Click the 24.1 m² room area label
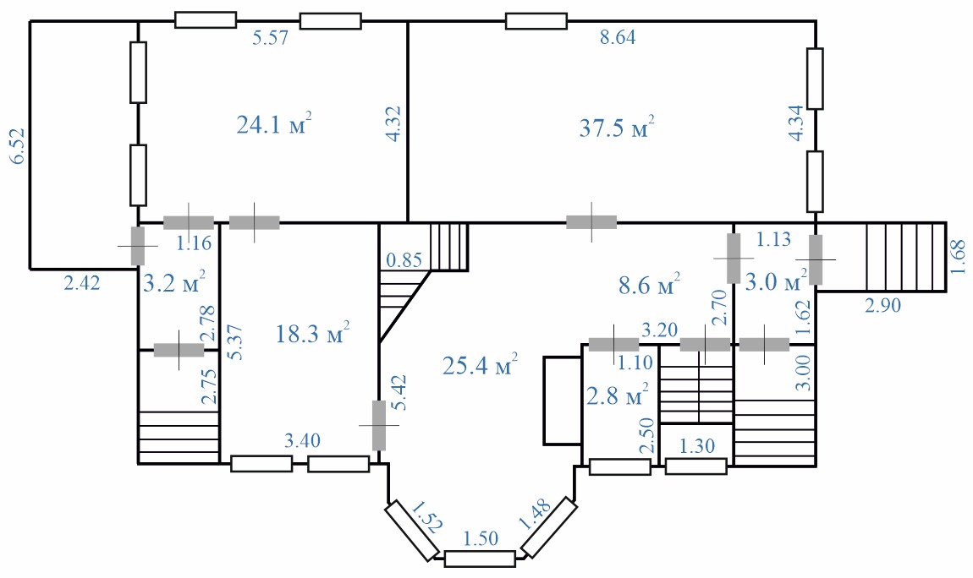[x=273, y=124]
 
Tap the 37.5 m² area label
[x=617, y=127]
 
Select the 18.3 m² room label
[x=312, y=333]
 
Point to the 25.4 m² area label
[x=480, y=365]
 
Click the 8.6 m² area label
[x=650, y=285]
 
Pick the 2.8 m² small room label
[x=618, y=395]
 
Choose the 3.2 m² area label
[x=174, y=283]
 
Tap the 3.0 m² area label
[x=776, y=281]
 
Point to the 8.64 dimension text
[x=618, y=37]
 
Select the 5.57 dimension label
[x=271, y=38]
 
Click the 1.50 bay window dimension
[x=481, y=538]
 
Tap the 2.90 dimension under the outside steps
[x=882, y=305]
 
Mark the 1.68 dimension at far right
[x=959, y=257]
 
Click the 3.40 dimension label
[x=302, y=440]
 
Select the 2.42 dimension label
[x=82, y=283]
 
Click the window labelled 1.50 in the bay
[x=480, y=559]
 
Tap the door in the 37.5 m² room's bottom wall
[x=591, y=221]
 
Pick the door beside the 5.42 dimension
[x=378, y=425]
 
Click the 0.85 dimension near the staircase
[x=404, y=259]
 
